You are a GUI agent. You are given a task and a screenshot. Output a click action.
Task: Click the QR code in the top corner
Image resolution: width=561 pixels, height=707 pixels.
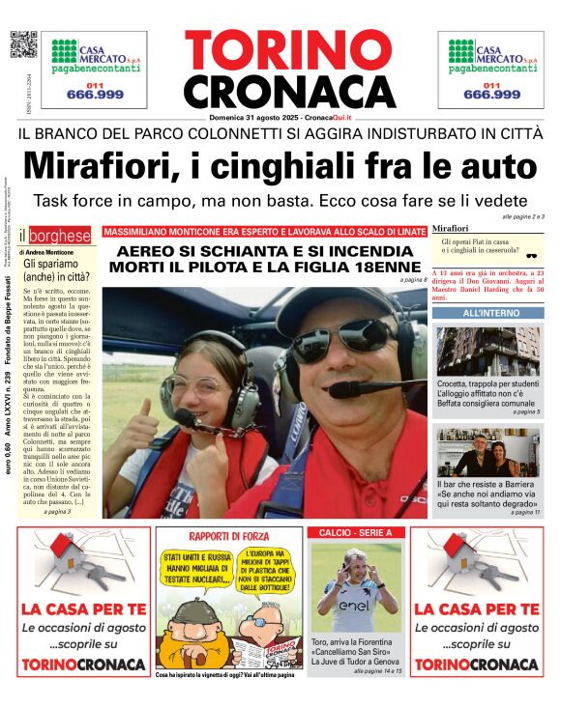pos(23,44)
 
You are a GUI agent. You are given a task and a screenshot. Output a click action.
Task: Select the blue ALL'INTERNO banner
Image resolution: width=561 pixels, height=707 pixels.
pos(487,314)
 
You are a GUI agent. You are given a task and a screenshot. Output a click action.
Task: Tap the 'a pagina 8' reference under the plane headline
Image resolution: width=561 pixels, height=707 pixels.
pos(412,280)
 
